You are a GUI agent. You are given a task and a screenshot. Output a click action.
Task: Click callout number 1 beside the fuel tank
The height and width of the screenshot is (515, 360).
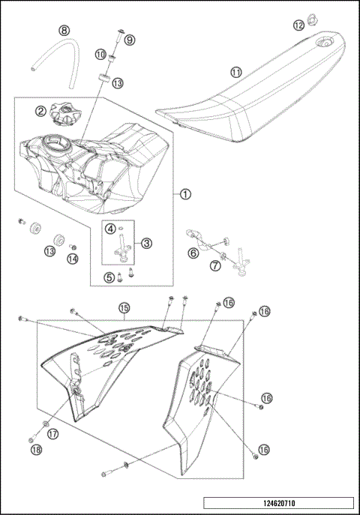185,193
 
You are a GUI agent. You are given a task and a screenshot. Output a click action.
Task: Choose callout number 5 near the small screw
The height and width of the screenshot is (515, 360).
109,277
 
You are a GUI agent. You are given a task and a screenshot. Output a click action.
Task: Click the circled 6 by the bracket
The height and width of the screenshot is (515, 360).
193,253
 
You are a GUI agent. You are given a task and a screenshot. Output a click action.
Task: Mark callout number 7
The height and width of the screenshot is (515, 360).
214,265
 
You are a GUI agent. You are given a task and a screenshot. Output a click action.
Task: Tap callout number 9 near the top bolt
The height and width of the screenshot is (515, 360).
129,39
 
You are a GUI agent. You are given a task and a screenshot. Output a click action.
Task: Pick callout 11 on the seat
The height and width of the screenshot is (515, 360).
236,73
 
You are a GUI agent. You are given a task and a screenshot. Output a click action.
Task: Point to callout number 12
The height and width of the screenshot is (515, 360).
298,25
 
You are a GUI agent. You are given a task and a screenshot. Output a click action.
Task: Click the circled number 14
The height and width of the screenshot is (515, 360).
73,259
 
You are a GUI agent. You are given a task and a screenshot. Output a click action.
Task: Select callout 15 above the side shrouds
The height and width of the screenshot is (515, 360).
124,307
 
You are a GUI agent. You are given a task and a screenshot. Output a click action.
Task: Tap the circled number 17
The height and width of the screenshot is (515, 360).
53,433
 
